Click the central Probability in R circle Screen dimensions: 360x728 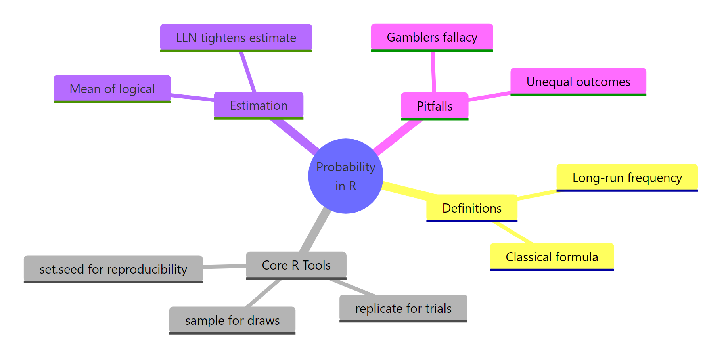pos(345,176)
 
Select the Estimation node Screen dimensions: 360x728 pos(259,105)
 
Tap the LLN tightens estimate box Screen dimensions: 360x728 pos(236,38)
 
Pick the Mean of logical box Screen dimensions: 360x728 pos(112,89)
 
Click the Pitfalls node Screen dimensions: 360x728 pos(435,106)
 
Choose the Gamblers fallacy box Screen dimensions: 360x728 pos(432,37)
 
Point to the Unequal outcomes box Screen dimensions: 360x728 pos(578,82)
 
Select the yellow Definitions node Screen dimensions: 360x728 pos(472,208)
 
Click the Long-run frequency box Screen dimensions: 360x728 pos(627,178)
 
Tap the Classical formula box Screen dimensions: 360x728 pos(552,257)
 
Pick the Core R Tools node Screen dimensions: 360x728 pos(296,265)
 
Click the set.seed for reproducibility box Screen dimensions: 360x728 pos(113,269)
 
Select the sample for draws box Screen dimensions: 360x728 pos(232,320)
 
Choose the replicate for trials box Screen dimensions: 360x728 pos(403,308)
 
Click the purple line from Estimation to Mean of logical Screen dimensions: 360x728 pos(192,97)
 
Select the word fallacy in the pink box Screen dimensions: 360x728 pos(460,37)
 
